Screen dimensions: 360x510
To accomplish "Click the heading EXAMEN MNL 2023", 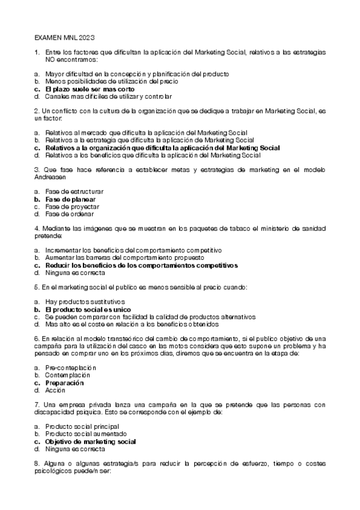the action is point(63,36).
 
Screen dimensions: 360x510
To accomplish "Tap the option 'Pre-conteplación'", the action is point(70,367).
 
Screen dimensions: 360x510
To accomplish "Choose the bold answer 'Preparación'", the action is point(64,382).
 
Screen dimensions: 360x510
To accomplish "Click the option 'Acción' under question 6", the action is point(55,390).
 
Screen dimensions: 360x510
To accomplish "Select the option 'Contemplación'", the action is point(68,375).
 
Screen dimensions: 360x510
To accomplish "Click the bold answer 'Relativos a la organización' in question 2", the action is point(162,147).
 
